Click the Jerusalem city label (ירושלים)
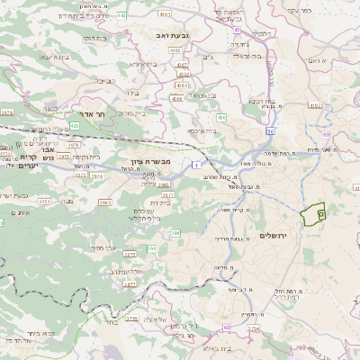click(x=276, y=235)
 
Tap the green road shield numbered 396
click(x=176, y=232)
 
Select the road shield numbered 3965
click(x=105, y=203)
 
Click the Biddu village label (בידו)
click(x=134, y=93)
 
